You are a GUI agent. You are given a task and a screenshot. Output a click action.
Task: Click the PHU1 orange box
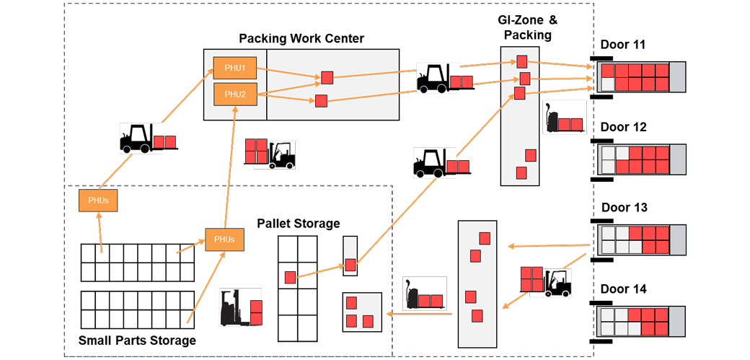[x=234, y=69]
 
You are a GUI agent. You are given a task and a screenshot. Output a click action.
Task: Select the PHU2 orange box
[x=234, y=94]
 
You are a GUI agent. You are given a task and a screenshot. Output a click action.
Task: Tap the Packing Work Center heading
[x=301, y=38]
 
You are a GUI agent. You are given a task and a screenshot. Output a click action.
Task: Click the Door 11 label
[x=623, y=45]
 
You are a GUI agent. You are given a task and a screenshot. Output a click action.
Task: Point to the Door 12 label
[x=624, y=127]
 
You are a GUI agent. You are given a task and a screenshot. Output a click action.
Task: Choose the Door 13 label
[x=624, y=208]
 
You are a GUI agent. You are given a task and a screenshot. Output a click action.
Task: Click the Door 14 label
[x=624, y=289]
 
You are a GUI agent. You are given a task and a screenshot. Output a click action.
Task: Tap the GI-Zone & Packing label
[x=527, y=27]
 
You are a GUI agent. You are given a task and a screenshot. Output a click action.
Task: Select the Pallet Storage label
[x=298, y=224]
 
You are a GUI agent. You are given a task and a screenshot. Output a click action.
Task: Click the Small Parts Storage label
[x=136, y=341]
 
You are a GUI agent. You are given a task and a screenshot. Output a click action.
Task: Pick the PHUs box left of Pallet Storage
[x=224, y=240]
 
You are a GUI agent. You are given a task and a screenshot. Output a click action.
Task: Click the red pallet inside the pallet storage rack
[x=290, y=277]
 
